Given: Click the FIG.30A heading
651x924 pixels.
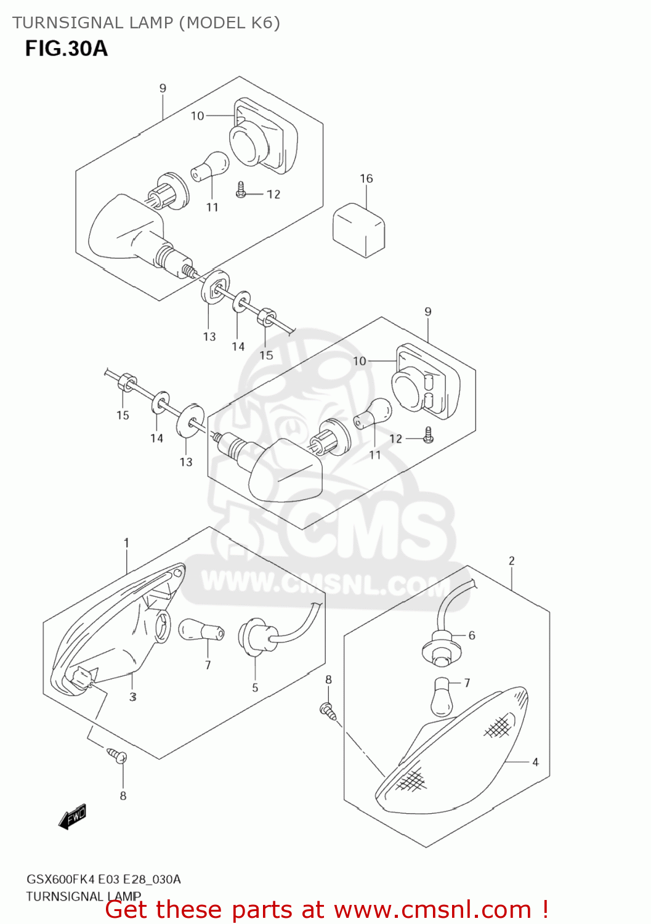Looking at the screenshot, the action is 66,48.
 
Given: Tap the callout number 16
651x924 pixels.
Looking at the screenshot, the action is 366,179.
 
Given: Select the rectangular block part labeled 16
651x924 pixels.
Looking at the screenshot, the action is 358,229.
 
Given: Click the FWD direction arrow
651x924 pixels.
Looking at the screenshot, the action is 72,816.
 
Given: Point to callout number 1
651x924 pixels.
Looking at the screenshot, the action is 126,543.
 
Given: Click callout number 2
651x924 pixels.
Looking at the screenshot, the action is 512,561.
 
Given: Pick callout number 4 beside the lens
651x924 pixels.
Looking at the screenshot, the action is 535,762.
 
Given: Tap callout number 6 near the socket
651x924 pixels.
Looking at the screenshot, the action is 472,635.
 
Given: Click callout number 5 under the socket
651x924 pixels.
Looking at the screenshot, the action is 255,687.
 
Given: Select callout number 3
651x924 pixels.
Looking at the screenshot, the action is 133,697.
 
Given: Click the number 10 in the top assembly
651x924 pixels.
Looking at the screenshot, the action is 197,116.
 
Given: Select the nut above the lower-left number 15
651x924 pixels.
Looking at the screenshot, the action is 126,382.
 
